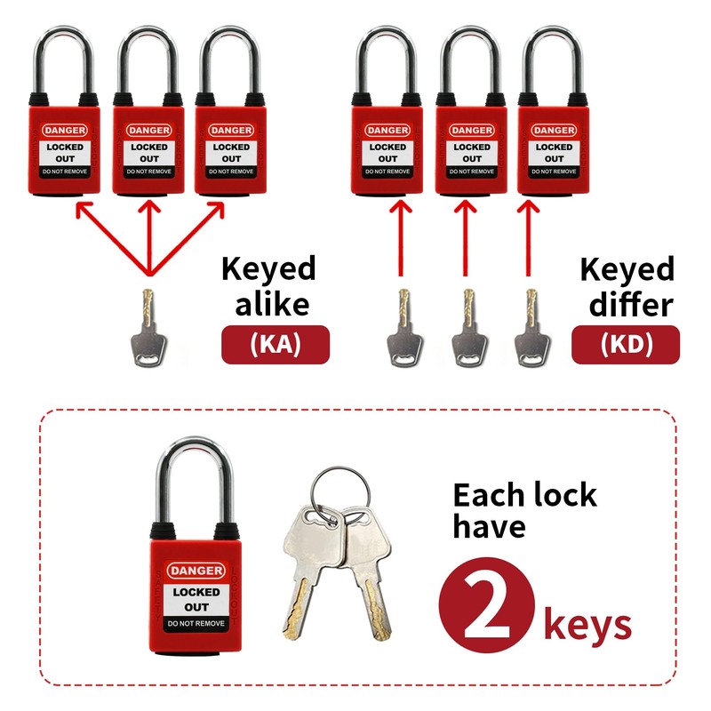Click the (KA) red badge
[275, 345]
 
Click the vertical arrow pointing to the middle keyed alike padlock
[149, 235]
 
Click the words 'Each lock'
[524, 495]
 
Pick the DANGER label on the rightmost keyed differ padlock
[553, 131]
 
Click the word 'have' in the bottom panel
[489, 526]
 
